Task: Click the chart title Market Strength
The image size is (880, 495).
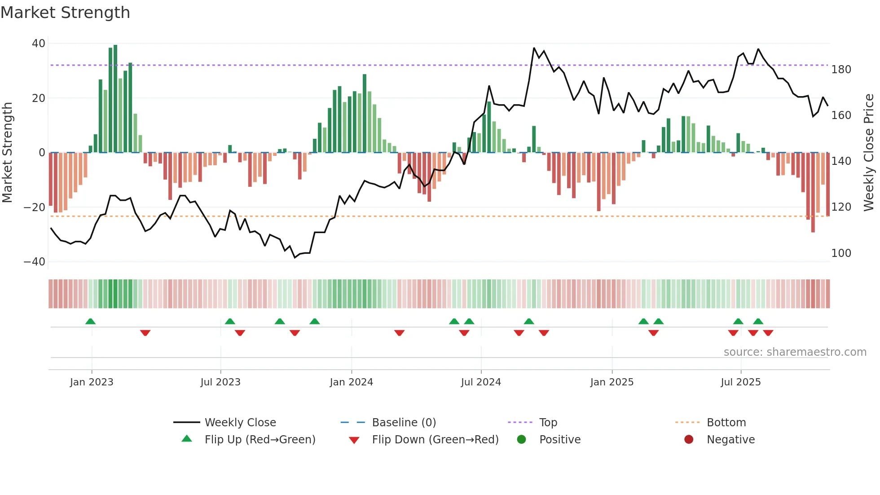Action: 66,13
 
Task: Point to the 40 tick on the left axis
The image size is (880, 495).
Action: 39,44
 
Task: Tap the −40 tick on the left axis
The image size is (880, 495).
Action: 35,262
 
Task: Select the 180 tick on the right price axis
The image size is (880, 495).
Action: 841,70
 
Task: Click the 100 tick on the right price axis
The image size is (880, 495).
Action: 841,253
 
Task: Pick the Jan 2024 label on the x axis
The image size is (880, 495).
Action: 351,382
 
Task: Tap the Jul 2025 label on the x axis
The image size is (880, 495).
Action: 740,382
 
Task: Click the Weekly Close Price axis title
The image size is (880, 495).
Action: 869,153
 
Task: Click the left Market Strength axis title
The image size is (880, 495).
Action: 7,153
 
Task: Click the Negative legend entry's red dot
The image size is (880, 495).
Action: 689,439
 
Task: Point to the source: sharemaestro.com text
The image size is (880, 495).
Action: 795,352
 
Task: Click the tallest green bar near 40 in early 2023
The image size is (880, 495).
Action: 115,99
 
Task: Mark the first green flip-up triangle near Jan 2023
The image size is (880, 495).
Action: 90,321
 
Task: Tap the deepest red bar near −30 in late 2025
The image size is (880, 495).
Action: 813,193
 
